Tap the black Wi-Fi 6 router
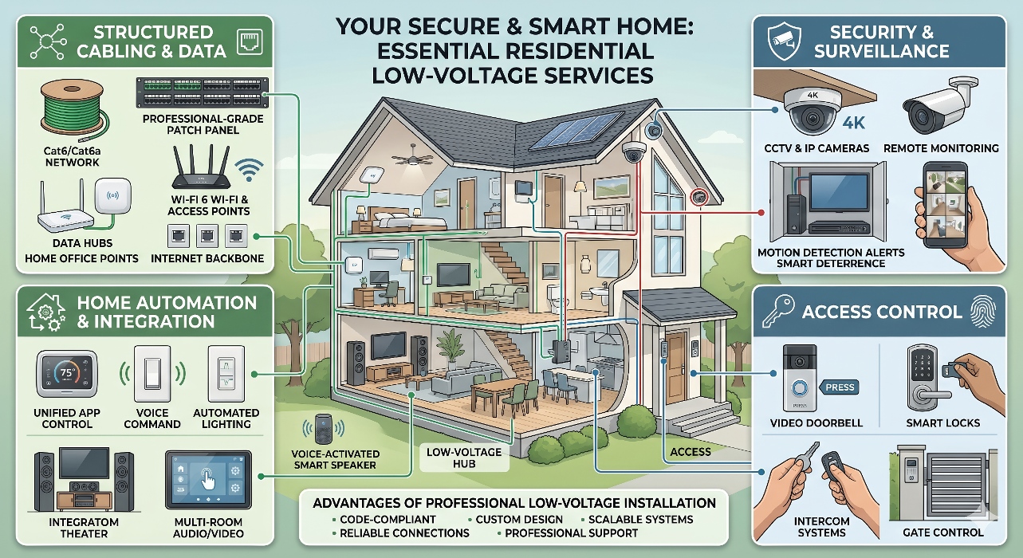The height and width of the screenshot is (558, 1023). (200, 167)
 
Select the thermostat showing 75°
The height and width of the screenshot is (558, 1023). (67, 374)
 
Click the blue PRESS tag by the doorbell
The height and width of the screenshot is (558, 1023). (840, 387)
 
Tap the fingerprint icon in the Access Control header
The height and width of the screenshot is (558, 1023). (983, 312)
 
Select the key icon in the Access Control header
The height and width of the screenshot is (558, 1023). (777, 310)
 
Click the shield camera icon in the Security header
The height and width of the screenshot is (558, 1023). (785, 42)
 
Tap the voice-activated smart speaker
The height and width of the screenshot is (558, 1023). (324, 429)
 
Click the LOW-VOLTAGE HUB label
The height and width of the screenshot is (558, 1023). (464, 458)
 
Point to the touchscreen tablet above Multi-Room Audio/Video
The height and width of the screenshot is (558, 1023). (208, 479)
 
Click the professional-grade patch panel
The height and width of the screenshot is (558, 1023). (203, 92)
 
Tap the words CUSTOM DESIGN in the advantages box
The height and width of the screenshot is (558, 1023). (519, 520)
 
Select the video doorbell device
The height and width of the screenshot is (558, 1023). (799, 378)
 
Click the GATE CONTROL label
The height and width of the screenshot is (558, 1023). (943, 532)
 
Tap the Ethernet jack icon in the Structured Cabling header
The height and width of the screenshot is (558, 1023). (250, 42)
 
